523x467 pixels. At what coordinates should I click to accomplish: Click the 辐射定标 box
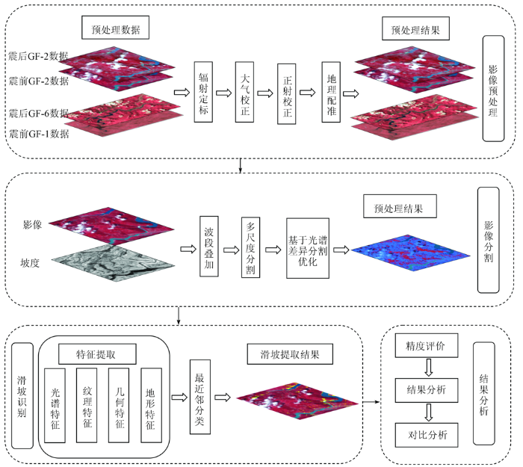pos(203,92)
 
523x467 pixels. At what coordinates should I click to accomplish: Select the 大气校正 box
pos(244,92)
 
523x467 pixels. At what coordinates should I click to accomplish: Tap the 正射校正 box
pos(286,94)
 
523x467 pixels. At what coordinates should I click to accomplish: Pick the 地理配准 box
pos(331,92)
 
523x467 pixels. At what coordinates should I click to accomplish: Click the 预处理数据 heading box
pos(115,28)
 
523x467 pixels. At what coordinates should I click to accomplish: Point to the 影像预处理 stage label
pos(494,88)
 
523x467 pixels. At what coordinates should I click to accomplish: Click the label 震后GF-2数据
pos(38,56)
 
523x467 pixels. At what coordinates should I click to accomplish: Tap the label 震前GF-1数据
pos(39,134)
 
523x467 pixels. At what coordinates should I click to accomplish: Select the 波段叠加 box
pos(209,246)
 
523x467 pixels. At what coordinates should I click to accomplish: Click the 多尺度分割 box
pos(250,247)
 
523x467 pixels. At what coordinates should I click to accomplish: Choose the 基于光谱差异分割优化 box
pos(308,248)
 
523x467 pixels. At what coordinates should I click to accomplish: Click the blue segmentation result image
pos(411,253)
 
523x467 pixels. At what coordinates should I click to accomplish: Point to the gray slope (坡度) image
pos(113,262)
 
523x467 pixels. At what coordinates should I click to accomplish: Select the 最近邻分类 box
pos(200,397)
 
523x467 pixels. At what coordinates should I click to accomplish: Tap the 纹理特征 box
pos(87,405)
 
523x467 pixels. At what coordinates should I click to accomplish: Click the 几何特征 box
pos(119,405)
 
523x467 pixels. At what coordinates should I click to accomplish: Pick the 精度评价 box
pos(427,345)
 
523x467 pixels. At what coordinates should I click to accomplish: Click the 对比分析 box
pos(427,435)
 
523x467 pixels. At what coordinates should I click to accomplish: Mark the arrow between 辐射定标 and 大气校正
pos(224,93)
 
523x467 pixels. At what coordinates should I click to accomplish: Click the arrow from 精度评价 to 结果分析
pos(429,368)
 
